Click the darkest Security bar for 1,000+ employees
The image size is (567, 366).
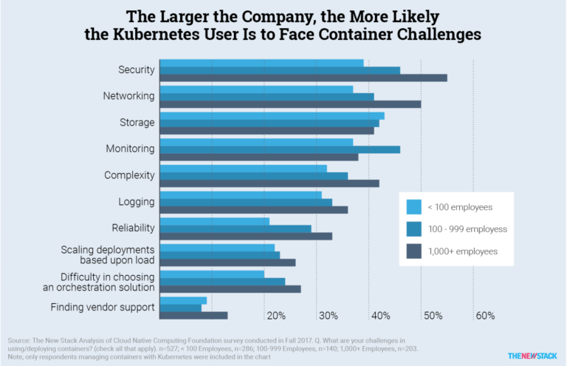(303, 78)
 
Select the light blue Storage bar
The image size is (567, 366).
(272, 115)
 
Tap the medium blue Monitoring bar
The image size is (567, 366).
(280, 149)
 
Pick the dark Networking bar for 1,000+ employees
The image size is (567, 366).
(290, 104)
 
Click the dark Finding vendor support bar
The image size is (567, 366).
(193, 316)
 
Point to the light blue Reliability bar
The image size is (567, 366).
(214, 220)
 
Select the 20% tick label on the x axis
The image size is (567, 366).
(276, 316)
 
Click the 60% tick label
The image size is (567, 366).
(485, 316)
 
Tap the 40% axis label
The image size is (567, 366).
(381, 316)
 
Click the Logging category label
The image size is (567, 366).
(136, 202)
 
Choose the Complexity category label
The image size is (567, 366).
(130, 175)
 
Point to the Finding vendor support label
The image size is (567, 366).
(102, 308)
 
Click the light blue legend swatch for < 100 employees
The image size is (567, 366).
(414, 207)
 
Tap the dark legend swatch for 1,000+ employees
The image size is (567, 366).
(414, 251)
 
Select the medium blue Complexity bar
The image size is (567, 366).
(253, 175)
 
